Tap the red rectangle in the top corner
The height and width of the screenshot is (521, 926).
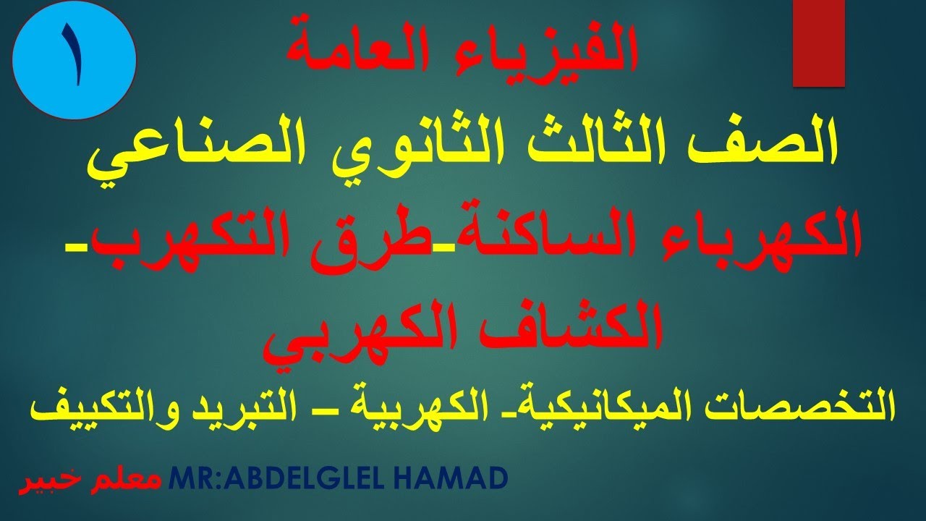pos(818,43)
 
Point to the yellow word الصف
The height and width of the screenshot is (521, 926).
pos(776,143)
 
